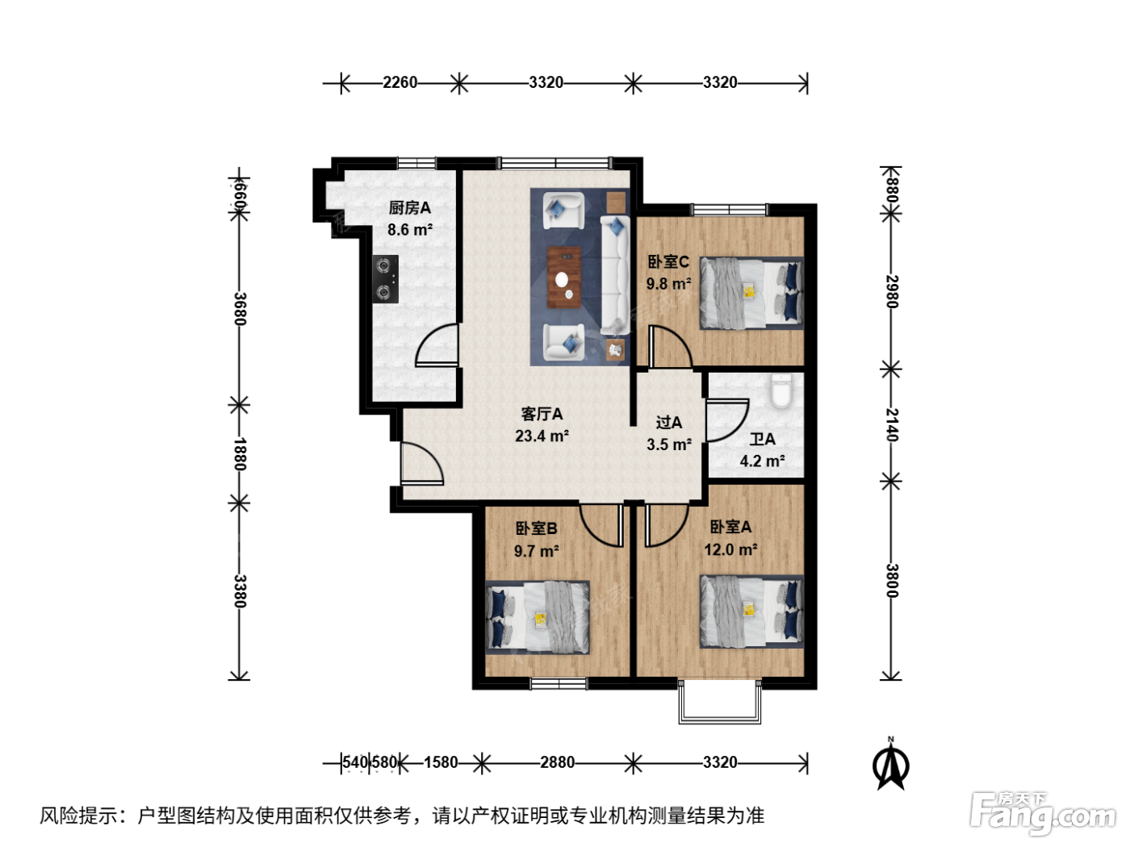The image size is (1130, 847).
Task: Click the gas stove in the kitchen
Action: click(x=386, y=279)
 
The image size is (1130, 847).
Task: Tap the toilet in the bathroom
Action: click(x=781, y=391)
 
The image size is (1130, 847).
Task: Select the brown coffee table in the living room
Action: click(x=563, y=277)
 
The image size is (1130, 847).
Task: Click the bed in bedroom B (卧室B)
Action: click(x=538, y=617)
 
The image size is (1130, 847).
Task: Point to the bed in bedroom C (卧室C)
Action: click(x=751, y=293)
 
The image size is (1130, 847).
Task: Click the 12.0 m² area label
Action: click(x=730, y=550)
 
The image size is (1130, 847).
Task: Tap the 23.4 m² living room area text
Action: click(x=542, y=436)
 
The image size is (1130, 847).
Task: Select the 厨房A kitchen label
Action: click(x=409, y=208)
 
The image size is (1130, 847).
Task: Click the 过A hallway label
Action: click(x=669, y=422)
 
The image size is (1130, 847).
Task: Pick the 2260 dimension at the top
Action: click(x=400, y=82)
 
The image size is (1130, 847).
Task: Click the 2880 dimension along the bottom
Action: click(x=557, y=762)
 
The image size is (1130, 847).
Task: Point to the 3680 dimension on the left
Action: click(x=241, y=309)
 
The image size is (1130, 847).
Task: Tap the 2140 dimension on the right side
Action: click(x=892, y=425)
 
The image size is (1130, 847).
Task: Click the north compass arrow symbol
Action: click(x=890, y=764)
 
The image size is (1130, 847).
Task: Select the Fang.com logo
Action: click(x=1043, y=813)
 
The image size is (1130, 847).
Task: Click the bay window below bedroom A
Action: click(x=720, y=703)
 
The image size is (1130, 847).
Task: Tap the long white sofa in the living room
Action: click(x=615, y=275)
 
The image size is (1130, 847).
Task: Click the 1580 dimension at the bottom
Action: click(x=441, y=762)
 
